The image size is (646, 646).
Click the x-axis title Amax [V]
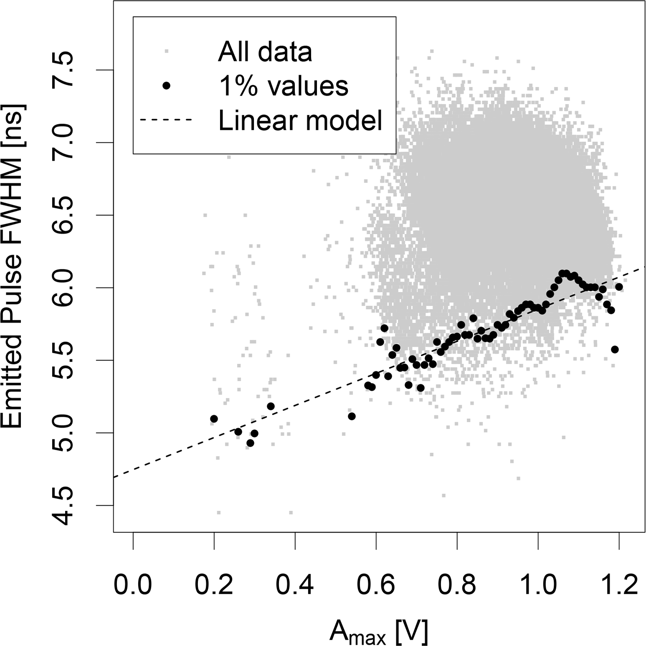pos(379,631)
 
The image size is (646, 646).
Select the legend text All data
pos(265,52)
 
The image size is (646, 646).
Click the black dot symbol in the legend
pos(167,86)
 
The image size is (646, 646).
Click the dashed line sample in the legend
pos(166,120)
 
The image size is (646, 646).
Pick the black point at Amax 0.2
pos(214,418)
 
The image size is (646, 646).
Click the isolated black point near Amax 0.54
pos(352,416)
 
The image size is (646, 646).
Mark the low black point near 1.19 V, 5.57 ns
pos(614,349)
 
